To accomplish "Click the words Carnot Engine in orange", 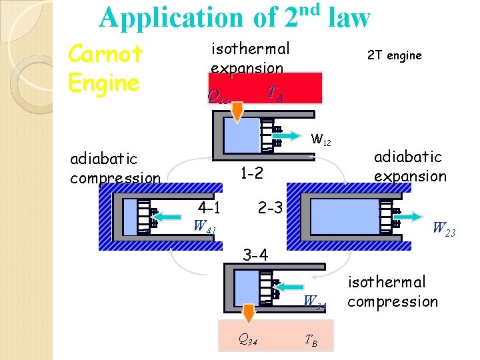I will pos(105,69).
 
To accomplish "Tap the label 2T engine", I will pos(394,55).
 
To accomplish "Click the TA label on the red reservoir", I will pos(275,94).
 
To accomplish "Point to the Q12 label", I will pos(219,98).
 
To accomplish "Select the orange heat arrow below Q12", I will pos(235,113).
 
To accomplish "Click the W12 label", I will pos(321,141).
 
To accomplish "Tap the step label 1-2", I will pos(252,173).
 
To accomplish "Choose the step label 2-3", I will pos(271,207).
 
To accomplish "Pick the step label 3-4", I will pos(255,255).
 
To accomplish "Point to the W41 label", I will pos(204,225).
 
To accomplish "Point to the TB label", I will pos(311,341).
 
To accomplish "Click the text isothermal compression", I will pos(392,292).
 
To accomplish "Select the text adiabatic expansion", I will pos(410,166).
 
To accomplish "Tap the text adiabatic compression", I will pos(115,168).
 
